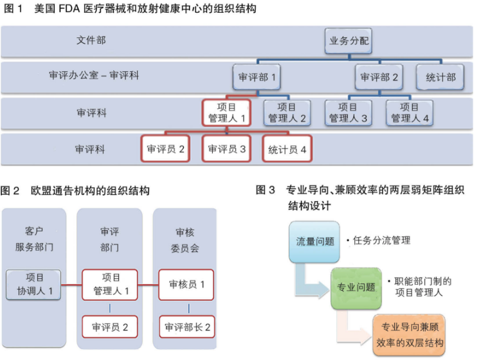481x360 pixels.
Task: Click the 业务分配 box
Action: click(x=348, y=41)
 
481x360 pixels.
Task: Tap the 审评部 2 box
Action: click(x=379, y=77)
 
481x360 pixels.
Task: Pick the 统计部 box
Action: click(x=440, y=77)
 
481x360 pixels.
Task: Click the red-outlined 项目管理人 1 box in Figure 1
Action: click(x=226, y=113)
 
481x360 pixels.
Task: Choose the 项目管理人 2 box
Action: click(x=287, y=113)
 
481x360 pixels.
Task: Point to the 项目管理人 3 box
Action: click(x=348, y=113)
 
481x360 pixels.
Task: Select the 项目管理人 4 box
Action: click(x=410, y=113)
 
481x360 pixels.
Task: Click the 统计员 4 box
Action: click(x=287, y=149)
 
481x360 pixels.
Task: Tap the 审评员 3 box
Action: click(x=226, y=149)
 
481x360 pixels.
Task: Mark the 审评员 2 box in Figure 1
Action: click(x=165, y=149)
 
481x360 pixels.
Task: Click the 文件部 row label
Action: click(x=91, y=40)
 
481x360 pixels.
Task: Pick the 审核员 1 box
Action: click(x=187, y=284)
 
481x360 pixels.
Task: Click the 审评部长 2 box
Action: click(x=187, y=327)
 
